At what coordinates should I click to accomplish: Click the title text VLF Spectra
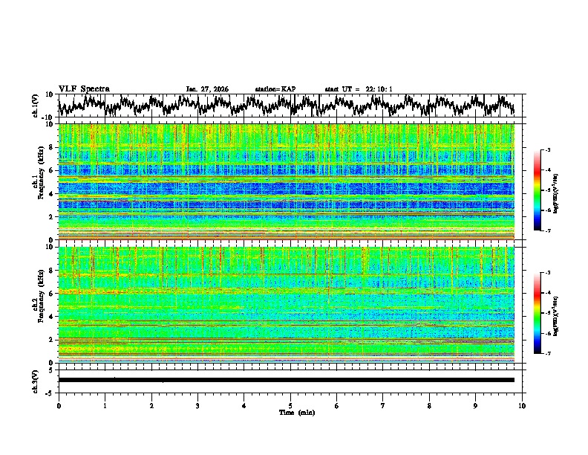pos(84,88)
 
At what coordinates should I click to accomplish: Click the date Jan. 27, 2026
pos(207,89)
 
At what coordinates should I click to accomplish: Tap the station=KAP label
pos(275,89)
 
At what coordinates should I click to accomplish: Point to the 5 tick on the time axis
pos(290,405)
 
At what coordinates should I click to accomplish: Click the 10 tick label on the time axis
pos(522,405)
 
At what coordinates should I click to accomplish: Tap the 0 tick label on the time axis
pos(59,405)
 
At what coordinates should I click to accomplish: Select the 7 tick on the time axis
pos(383,405)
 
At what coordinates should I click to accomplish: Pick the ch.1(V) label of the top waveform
pos(36,106)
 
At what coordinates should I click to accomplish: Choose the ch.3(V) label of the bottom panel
pos(36,380)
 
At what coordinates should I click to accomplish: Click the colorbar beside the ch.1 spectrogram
pos(538,190)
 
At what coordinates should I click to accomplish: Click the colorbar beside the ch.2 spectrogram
pos(538,313)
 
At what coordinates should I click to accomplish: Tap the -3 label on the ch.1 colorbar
pos(546,151)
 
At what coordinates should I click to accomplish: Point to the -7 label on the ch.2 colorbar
pos(546,354)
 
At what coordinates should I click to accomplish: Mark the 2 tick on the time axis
pos(151,405)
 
